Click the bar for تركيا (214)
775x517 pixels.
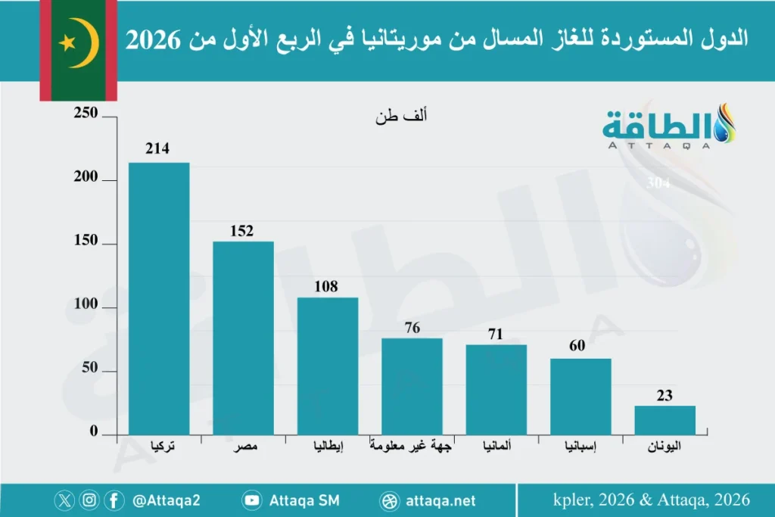pos(159,298)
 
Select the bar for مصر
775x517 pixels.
pos(243,338)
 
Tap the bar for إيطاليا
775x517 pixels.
pos(327,366)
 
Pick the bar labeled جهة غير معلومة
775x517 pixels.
pos(412,386)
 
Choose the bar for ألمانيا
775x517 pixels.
pos(496,389)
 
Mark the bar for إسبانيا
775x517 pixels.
pos(580,396)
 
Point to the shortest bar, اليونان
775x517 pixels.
pos(665,420)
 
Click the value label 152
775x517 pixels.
pos(242,231)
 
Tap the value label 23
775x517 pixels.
pos(665,395)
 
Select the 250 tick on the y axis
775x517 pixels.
pos(86,114)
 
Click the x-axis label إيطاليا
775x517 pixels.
pos(328,447)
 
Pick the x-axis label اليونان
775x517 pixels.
pos(665,447)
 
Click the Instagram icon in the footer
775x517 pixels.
pos(90,500)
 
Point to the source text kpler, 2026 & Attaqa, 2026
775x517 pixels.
pos(651,500)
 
